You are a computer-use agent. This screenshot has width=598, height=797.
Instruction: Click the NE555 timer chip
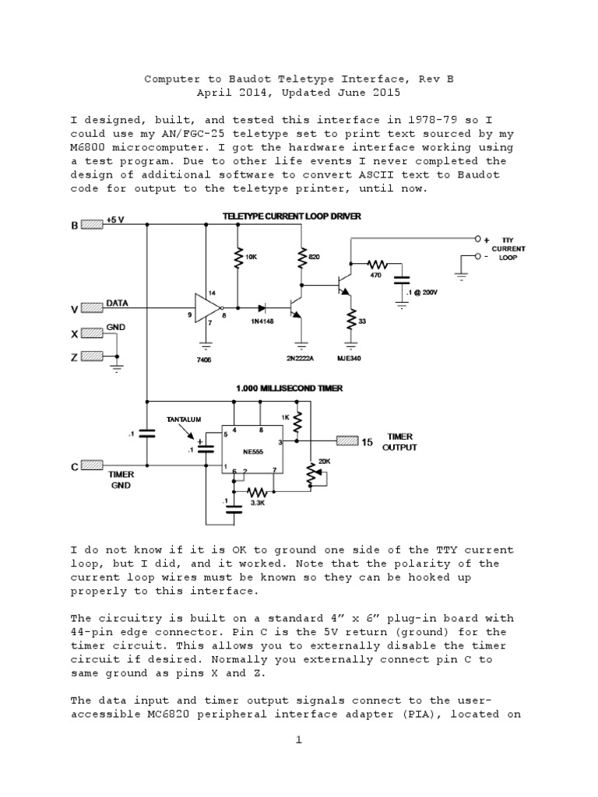click(252, 451)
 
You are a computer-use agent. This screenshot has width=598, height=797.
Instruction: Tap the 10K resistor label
click(250, 255)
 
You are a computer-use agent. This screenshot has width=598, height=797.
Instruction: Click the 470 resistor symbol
click(378, 265)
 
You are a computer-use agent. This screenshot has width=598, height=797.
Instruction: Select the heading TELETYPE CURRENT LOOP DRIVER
click(291, 216)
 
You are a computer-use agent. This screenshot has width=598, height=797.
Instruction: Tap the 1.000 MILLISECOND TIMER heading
click(290, 388)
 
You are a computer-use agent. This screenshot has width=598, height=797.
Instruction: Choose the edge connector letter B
click(75, 226)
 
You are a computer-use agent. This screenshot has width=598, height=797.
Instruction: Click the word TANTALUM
click(184, 419)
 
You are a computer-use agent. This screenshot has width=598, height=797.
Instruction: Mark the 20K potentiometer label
click(324, 461)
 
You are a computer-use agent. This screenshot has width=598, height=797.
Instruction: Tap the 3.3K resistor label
click(257, 504)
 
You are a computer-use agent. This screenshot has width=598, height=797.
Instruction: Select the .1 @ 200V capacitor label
click(422, 291)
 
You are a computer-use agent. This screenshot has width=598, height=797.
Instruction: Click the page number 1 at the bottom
click(297, 739)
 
